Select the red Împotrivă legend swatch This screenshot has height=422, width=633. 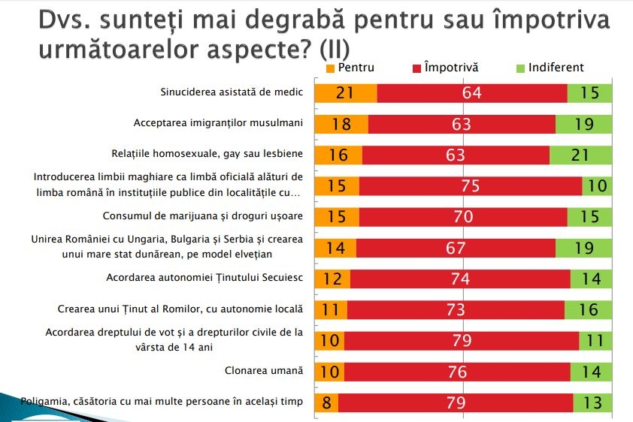coord(417,68)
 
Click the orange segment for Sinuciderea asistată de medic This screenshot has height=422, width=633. coord(346,93)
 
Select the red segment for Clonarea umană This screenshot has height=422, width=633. coord(457,372)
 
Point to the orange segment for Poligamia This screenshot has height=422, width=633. coord(326,402)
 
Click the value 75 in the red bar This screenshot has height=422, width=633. coord(470,186)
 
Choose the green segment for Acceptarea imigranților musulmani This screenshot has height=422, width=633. coord(584,124)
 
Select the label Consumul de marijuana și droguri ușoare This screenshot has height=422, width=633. coord(202,216)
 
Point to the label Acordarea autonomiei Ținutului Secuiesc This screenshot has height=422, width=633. coord(205,277)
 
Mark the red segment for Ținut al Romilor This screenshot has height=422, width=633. coord(456,309)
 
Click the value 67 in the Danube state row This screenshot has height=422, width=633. coord(456,248)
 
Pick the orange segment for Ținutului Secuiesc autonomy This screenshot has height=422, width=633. coord(332,279)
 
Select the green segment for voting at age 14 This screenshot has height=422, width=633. coord(595,341)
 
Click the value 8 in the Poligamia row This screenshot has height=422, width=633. coord(326,402)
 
